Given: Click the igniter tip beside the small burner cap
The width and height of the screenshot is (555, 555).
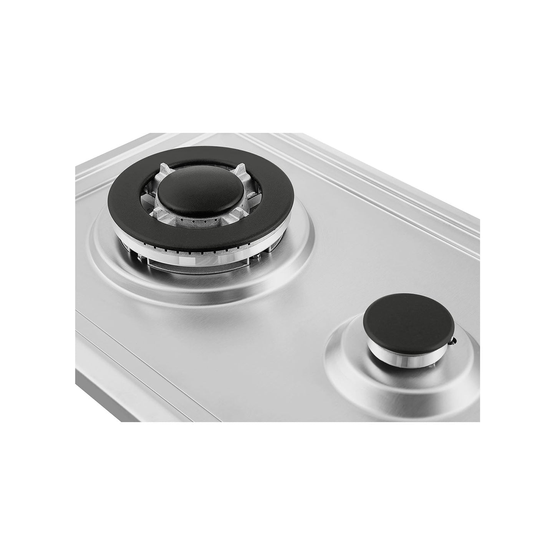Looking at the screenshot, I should coord(456,340).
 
